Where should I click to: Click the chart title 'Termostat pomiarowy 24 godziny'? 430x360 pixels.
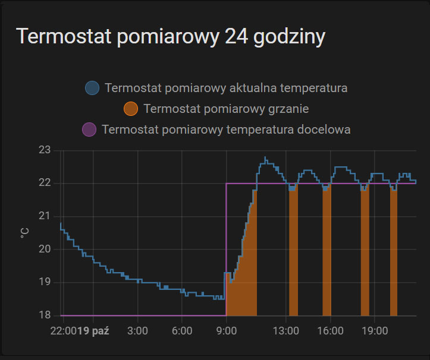171,37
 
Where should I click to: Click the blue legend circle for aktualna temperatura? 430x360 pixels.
92,88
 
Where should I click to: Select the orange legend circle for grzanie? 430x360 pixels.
130,109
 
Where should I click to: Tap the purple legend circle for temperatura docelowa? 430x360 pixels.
89,129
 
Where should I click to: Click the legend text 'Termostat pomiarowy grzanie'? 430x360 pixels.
226,109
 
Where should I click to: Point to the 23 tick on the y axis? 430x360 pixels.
45,150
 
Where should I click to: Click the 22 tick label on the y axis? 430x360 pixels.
45,183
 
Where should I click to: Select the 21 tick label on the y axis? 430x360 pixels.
45,216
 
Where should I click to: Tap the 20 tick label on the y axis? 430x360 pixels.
45,249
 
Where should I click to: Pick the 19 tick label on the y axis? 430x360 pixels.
45,282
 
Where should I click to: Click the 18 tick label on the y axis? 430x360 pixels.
45,315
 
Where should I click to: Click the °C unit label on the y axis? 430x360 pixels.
24,232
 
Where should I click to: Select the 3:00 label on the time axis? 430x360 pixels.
137,330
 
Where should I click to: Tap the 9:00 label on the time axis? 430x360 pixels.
227,330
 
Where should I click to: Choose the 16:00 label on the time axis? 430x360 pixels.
330,330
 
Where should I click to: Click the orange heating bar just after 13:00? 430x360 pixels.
293,255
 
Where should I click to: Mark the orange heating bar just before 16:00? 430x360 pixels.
327,255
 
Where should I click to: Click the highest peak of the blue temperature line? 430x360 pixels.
265,157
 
